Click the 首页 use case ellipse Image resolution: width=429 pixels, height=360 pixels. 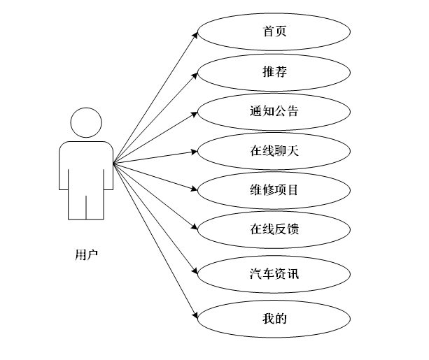[x=274, y=31]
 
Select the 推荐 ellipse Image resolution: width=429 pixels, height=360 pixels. [x=274, y=71]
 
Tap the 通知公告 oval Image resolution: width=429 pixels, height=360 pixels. [x=274, y=110]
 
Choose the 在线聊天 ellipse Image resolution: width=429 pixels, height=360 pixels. [x=274, y=150]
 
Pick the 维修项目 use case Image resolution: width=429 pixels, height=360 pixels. [x=274, y=189]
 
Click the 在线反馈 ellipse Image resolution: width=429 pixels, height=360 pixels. [x=274, y=228]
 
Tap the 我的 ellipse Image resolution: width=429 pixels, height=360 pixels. [x=274, y=319]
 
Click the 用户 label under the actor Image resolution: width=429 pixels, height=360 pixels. [x=86, y=254]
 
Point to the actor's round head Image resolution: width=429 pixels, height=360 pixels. [x=86, y=123]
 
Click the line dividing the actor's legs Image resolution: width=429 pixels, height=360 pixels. [x=86, y=207]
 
